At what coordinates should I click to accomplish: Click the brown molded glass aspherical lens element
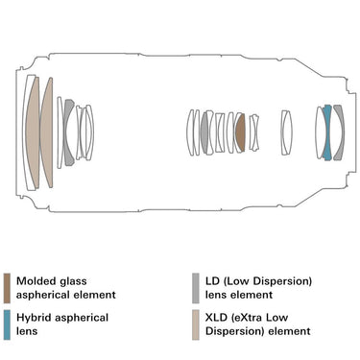pyautogui.click(x=241, y=132)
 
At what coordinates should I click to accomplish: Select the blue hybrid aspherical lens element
pyautogui.click(x=327, y=132)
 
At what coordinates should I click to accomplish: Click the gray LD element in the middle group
pyautogui.click(x=204, y=132)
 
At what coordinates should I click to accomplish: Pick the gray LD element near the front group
pyautogui.click(x=67, y=132)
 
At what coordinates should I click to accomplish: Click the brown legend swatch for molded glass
pyautogui.click(x=7, y=288)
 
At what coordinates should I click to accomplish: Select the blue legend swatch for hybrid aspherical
pyautogui.click(x=7, y=324)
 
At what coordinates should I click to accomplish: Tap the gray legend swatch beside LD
pyautogui.click(x=196, y=288)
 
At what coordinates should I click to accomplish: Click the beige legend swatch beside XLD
pyautogui.click(x=196, y=324)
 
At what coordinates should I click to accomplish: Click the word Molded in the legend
pyautogui.click(x=32, y=281)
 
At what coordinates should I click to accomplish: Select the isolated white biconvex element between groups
pyautogui.click(x=286, y=132)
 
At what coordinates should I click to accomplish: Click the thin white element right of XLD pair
pyautogui.click(x=60, y=132)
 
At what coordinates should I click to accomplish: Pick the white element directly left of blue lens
pyautogui.click(x=320, y=132)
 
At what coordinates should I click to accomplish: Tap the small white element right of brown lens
pyautogui.click(x=254, y=132)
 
